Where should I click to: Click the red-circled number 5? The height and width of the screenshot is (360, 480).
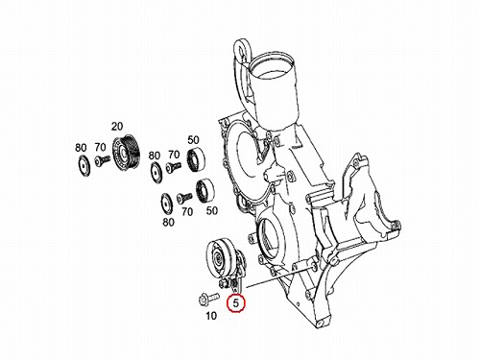pyautogui.click(x=236, y=303)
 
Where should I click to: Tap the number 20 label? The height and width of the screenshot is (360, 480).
pyautogui.click(x=117, y=127)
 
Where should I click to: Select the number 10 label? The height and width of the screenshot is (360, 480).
pyautogui.click(x=211, y=316)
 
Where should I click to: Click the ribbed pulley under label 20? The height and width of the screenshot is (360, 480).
pyautogui.click(x=125, y=153)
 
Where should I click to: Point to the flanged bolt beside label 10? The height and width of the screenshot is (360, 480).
pyautogui.click(x=209, y=299)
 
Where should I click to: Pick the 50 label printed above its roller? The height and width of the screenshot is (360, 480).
pyautogui.click(x=193, y=140)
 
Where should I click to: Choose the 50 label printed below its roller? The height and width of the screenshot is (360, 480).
pyautogui.click(x=212, y=210)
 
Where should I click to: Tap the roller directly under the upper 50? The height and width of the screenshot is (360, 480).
pyautogui.click(x=196, y=159)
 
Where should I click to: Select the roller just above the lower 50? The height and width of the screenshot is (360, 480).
pyautogui.click(x=204, y=191)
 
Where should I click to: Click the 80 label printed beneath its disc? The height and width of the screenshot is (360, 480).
pyautogui.click(x=168, y=222)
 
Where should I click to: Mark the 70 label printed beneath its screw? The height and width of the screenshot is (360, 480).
pyautogui.click(x=187, y=211)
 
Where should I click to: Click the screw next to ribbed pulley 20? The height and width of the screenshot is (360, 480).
pyautogui.click(x=103, y=160)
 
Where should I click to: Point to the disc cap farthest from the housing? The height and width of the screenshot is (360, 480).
pyautogui.click(x=84, y=166)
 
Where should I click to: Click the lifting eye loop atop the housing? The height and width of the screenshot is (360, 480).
pyautogui.click(x=242, y=49)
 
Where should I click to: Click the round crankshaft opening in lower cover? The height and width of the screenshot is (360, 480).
pyautogui.click(x=271, y=237)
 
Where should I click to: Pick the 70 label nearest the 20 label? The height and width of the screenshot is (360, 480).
pyautogui.click(x=100, y=147)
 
